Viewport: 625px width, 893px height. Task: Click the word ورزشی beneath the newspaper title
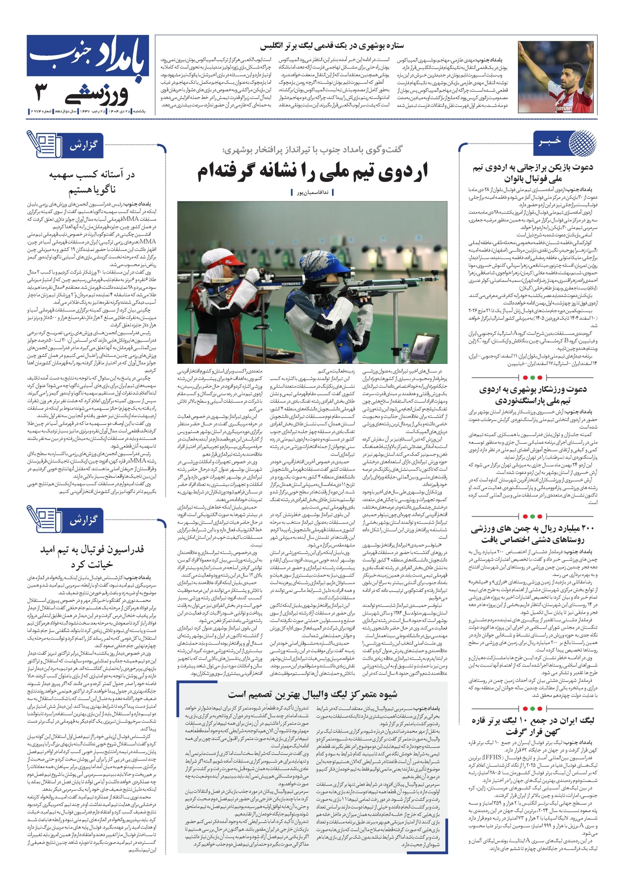(x=101, y=95)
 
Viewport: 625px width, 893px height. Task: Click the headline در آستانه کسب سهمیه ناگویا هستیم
(x=92, y=182)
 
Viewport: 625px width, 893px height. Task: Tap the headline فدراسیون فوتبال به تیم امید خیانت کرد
(x=92, y=556)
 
